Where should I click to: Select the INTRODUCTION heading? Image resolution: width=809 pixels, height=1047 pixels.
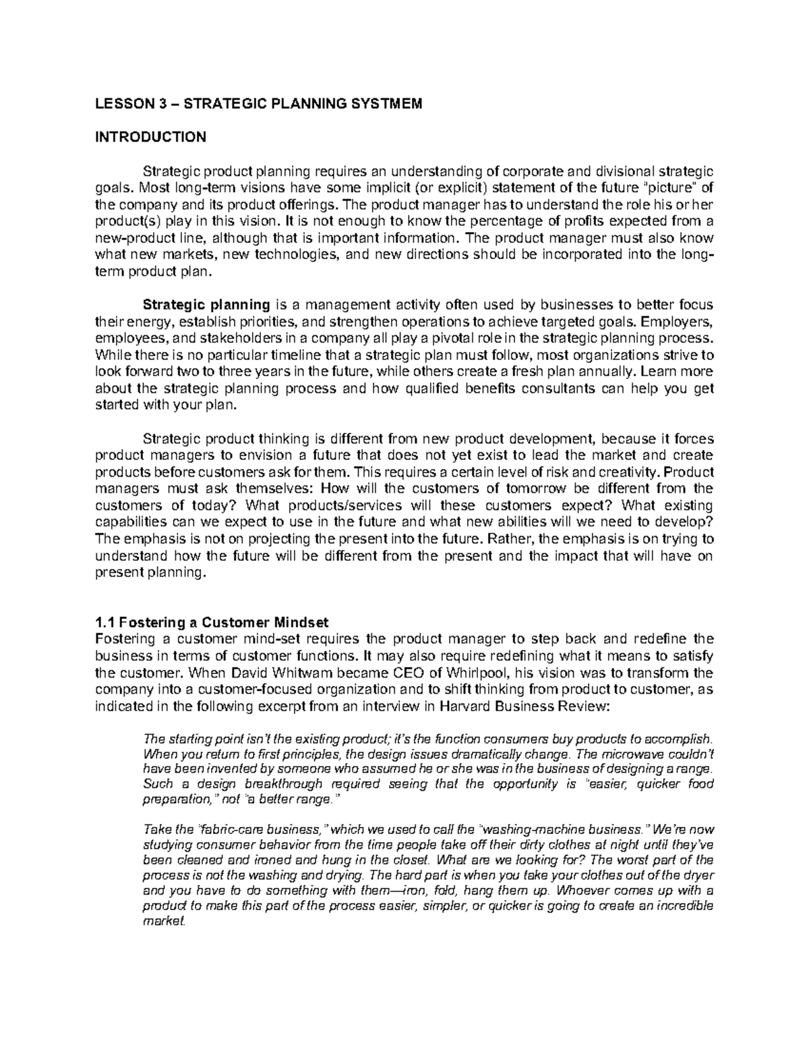[150, 138]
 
